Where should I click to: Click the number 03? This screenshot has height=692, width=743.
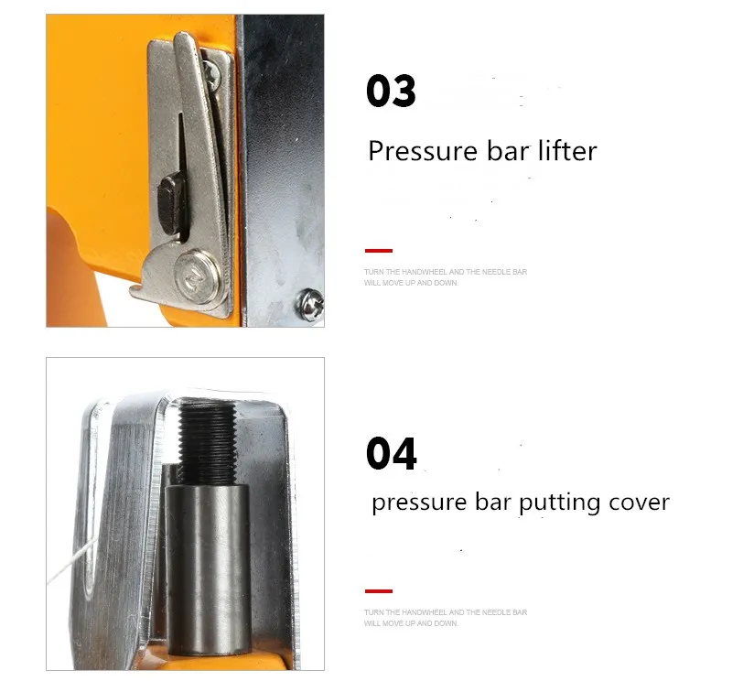[x=391, y=92]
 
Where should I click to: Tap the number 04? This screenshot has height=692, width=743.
[x=391, y=454]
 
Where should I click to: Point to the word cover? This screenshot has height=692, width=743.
[x=639, y=503]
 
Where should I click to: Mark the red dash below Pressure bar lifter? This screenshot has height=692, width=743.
[x=378, y=250]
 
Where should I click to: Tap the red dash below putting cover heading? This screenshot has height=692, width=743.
[x=378, y=591]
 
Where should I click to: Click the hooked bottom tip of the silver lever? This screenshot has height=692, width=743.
[x=135, y=293]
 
